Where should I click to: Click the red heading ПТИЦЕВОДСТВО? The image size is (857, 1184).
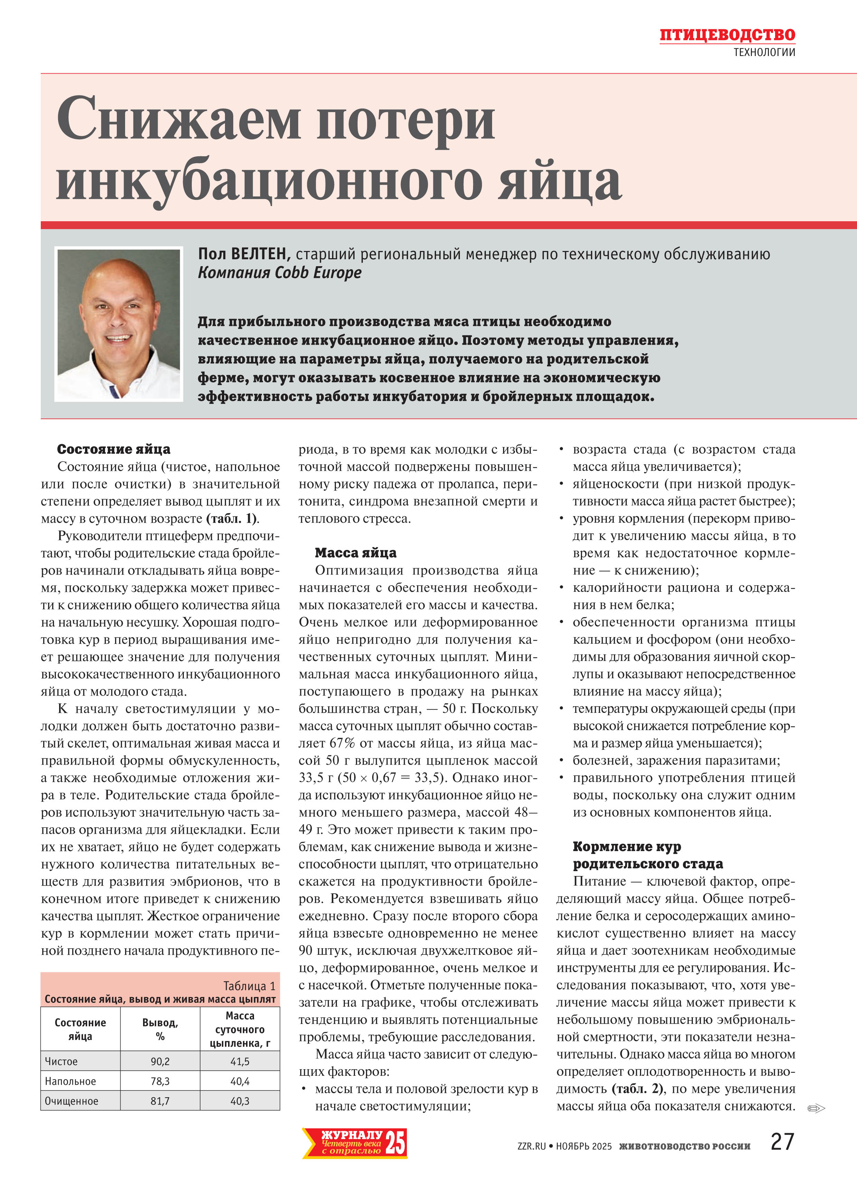[x=727, y=35]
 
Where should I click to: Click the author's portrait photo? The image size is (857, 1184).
[x=119, y=324]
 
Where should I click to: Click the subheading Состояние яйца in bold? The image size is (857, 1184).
[x=113, y=449]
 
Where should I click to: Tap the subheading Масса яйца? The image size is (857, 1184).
[x=356, y=553]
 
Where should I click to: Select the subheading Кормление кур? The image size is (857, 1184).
[x=626, y=847]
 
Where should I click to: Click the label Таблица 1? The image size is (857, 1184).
[x=249, y=986]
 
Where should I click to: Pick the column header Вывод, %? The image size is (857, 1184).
[x=160, y=1029]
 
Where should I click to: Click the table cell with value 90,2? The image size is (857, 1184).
[x=160, y=1061]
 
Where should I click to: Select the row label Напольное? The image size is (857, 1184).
[x=70, y=1081]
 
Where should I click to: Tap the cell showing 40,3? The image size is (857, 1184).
[x=240, y=1101]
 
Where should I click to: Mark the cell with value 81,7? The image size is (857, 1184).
[x=160, y=1101]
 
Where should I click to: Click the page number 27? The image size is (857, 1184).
[x=782, y=1142]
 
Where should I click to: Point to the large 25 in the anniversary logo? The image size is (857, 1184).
[x=395, y=1143]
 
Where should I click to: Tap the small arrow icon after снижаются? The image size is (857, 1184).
[x=816, y=1108]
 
